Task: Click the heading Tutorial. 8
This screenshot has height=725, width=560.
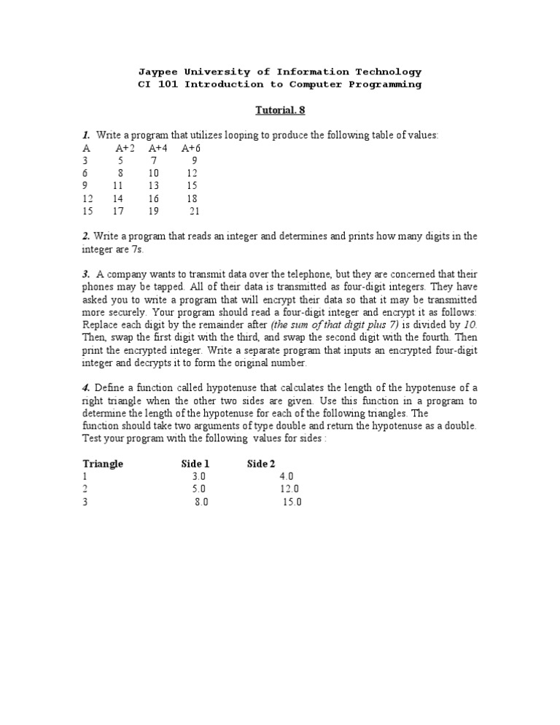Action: pos(279,111)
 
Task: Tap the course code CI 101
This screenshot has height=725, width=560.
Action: pos(158,85)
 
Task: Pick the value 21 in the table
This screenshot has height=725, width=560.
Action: pos(194,212)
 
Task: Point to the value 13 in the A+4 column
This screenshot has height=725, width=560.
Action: pos(153,186)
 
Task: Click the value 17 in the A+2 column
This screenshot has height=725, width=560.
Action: pos(118,212)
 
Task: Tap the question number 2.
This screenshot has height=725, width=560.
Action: pos(85,236)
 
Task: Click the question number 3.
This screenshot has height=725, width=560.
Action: pos(85,274)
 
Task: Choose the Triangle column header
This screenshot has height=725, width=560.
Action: pos(103,464)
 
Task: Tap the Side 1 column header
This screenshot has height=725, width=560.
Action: pos(195,464)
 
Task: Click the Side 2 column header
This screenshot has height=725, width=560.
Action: pos(261,464)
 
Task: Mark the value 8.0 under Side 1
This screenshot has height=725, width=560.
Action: pos(201,503)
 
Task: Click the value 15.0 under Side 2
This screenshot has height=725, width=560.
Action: pos(292,503)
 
